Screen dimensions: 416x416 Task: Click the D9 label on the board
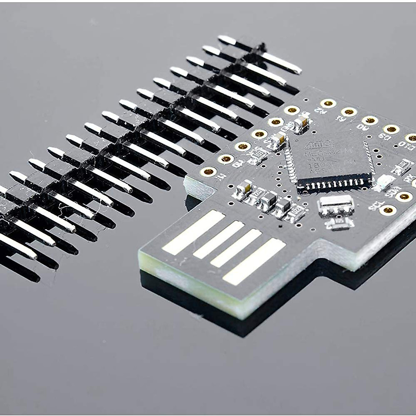point(384,136)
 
